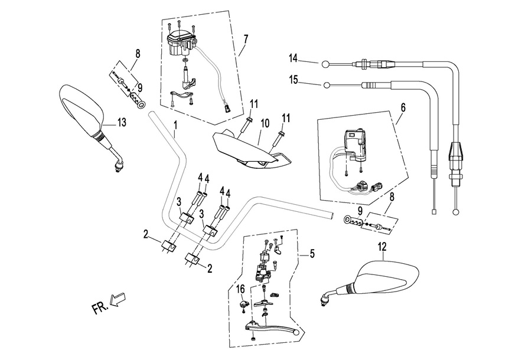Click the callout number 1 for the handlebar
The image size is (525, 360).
point(175,125)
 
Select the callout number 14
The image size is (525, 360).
point(294,58)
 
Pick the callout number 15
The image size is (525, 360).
point(294,78)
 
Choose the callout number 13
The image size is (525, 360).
point(122,122)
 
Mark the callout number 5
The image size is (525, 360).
point(312,255)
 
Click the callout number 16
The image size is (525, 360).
point(240,289)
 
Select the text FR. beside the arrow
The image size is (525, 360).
point(101,308)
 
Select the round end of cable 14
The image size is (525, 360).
point(325,63)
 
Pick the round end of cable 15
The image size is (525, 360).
point(325,85)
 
